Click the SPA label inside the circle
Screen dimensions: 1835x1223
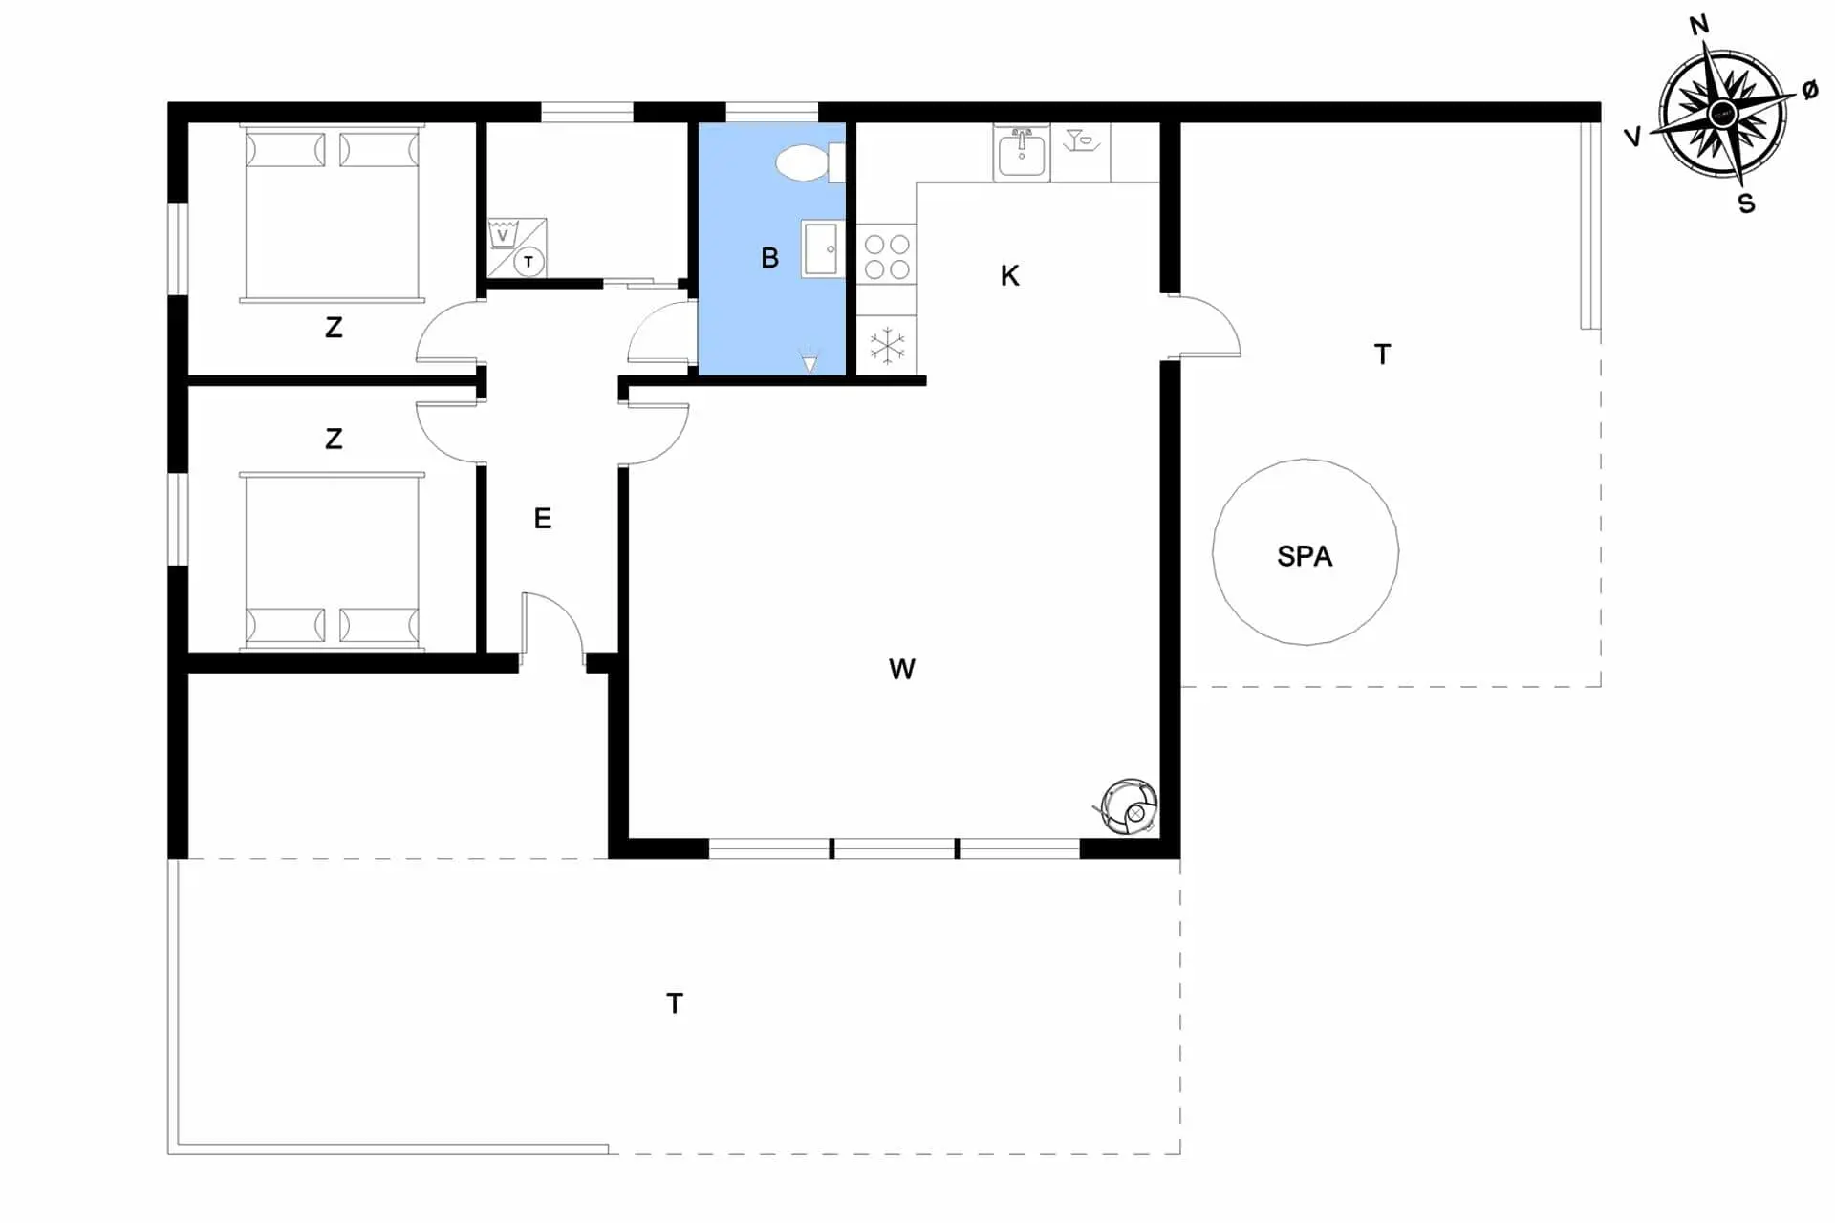click(x=1305, y=556)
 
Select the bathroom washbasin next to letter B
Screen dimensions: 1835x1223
click(x=822, y=249)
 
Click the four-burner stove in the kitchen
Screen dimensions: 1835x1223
click(x=886, y=254)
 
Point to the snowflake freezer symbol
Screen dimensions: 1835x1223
click(x=887, y=346)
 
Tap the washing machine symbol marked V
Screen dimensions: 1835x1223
click(x=503, y=234)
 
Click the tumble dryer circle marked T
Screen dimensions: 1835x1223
click(x=529, y=261)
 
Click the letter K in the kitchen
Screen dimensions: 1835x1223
click(x=1009, y=276)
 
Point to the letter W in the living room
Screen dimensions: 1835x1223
click(x=901, y=670)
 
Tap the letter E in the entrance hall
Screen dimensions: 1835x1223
click(x=542, y=519)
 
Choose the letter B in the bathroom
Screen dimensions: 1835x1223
click(x=769, y=258)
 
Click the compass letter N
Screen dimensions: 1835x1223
click(x=1698, y=26)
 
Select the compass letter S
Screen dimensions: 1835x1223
click(x=1746, y=204)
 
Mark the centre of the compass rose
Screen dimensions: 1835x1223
click(x=1722, y=116)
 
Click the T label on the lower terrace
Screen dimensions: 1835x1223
click(x=675, y=1003)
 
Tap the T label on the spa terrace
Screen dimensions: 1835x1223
click(x=1382, y=354)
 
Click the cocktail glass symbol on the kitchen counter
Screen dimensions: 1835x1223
click(x=1080, y=140)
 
